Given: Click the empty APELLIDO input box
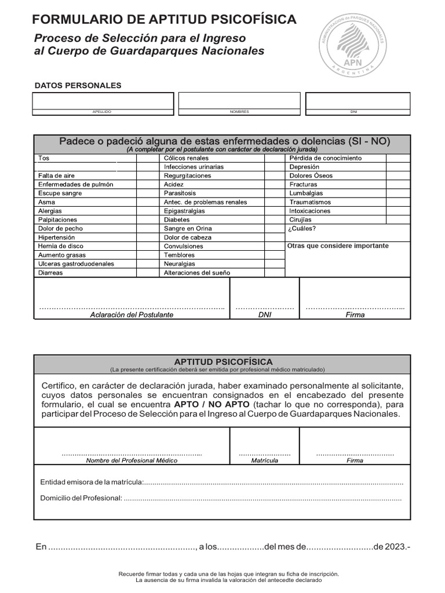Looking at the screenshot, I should [103, 100].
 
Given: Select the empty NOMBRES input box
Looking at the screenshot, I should [239, 100].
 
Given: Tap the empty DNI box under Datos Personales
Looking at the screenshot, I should [358, 100].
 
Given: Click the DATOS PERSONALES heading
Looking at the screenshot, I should [78, 86].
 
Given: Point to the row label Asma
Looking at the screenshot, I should [47, 202].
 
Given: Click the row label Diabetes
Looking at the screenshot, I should [177, 220].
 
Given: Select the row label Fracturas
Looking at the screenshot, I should [303, 185].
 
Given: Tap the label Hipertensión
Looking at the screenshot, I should [57, 237].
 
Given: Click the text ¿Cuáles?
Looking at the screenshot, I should [302, 229].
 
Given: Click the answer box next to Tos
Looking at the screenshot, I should [127, 158].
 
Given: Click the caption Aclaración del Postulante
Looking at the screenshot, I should [132, 315].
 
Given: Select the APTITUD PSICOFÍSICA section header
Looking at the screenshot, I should [223, 362].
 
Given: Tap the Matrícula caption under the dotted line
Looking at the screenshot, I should [264, 461].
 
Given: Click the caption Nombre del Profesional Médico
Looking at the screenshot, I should [132, 461].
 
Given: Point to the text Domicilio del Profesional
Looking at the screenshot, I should [81, 498].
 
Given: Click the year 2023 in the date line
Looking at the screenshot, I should [395, 547].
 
